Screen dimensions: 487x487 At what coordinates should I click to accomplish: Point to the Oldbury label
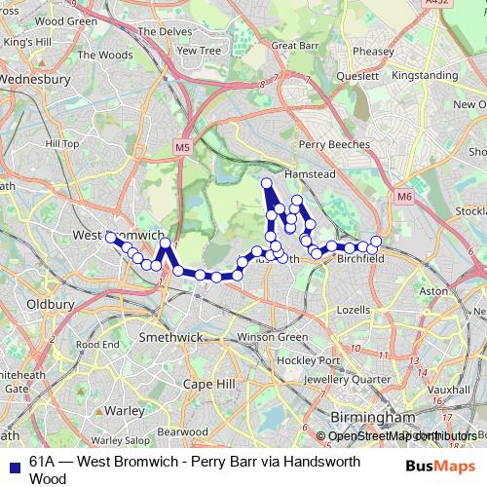click(x=50, y=304)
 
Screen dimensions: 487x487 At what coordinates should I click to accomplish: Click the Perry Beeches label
click(x=335, y=144)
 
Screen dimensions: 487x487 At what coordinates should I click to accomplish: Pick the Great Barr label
click(x=296, y=45)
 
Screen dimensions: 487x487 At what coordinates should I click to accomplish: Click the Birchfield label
click(x=359, y=259)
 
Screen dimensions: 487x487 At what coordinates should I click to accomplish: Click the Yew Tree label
click(x=200, y=51)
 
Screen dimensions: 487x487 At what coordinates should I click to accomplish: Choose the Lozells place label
click(x=354, y=309)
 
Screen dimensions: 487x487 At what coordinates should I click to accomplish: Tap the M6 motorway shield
click(x=404, y=197)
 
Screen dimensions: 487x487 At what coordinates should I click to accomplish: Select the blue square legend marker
click(x=14, y=463)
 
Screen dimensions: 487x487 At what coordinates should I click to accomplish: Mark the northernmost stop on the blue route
click(x=266, y=183)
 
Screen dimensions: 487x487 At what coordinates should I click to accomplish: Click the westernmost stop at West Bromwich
click(x=110, y=237)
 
